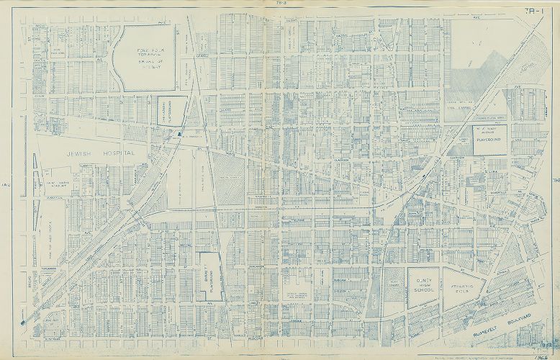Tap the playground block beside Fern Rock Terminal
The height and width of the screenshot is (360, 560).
coord(168,109)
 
